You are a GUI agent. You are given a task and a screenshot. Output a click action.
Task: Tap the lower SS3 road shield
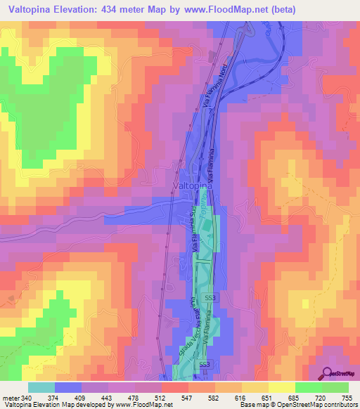pos(205,365)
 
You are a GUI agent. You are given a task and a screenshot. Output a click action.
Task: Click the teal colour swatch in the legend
pos(41,387)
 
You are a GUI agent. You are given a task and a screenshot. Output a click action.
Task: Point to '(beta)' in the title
pos(289,9)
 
